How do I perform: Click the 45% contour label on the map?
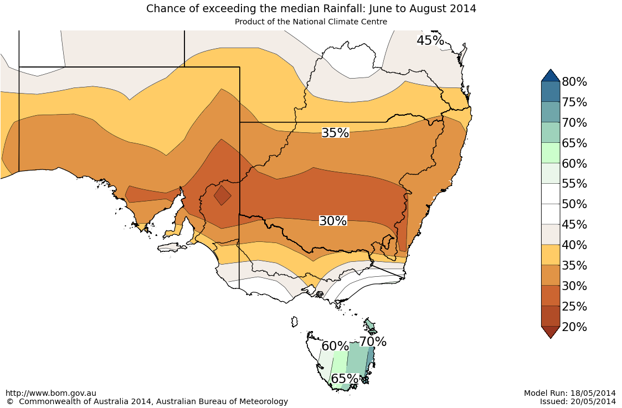[430, 40]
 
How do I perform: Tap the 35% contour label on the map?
[335, 133]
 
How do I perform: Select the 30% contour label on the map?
[333, 221]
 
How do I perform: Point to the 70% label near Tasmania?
[373, 342]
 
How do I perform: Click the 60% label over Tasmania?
[335, 346]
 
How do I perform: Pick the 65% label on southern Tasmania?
[345, 379]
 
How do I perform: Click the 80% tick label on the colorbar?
[574, 82]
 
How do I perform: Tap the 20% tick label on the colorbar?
[574, 327]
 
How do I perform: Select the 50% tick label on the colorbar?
[574, 204]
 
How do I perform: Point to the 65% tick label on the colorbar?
[574, 143]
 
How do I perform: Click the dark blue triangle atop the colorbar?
[551, 75]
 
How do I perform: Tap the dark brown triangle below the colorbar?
[551, 332]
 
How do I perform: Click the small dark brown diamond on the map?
[223, 195]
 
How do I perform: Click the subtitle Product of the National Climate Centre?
[311, 22]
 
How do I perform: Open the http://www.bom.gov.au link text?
[51, 393]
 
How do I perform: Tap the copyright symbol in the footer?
[10, 401]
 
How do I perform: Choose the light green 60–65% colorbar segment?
[551, 153]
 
